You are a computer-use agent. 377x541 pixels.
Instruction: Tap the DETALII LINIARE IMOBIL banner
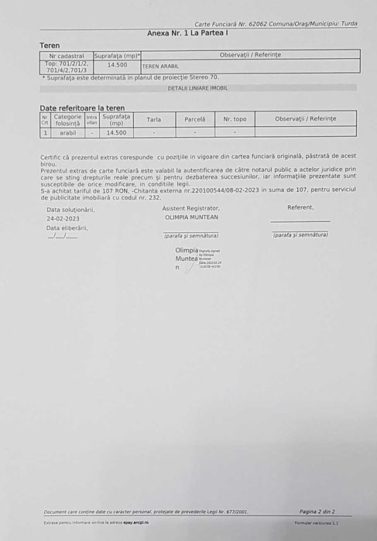click(x=197, y=88)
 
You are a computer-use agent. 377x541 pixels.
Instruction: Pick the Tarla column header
click(x=153, y=119)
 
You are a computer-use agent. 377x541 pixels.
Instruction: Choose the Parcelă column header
click(x=194, y=119)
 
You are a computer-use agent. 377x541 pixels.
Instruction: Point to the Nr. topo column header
click(x=235, y=119)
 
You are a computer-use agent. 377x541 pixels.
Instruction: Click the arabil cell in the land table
click(x=67, y=132)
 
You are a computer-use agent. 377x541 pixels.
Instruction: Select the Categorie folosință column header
click(x=67, y=119)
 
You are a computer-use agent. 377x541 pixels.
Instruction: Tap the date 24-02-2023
click(x=63, y=218)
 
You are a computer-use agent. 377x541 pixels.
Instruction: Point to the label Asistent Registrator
click(x=190, y=208)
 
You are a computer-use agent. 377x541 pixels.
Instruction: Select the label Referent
click(x=300, y=207)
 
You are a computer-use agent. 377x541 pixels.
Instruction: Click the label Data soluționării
click(x=70, y=209)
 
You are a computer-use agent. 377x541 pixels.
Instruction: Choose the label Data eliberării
click(x=67, y=228)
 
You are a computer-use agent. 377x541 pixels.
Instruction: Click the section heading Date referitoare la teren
click(x=82, y=108)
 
